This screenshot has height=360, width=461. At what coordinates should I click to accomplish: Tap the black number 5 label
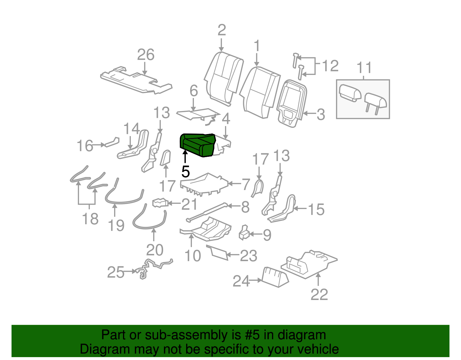pyautogui.click(x=186, y=172)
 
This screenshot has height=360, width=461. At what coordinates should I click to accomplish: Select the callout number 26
pyautogui.click(x=146, y=55)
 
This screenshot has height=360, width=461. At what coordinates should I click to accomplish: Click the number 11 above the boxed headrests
pyautogui.click(x=364, y=68)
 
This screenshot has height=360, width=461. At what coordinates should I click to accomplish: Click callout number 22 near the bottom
pyautogui.click(x=319, y=295)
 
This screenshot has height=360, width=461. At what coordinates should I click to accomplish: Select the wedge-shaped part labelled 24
pyautogui.click(x=275, y=277)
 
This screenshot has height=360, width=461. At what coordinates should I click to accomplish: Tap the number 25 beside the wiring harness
pyautogui.click(x=116, y=272)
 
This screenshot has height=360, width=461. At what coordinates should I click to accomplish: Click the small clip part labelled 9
pyautogui.click(x=244, y=233)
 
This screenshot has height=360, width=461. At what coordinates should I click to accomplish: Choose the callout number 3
pyautogui.click(x=321, y=115)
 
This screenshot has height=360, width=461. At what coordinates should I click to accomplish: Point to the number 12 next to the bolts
pyautogui.click(x=330, y=66)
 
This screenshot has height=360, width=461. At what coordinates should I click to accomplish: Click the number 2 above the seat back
pyautogui.click(x=221, y=30)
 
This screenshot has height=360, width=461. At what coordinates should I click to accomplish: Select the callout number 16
pyautogui.click(x=85, y=146)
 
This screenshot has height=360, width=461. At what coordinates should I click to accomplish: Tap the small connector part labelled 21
pyautogui.click(x=160, y=203)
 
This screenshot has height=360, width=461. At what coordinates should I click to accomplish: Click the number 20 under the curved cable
pyautogui.click(x=155, y=250)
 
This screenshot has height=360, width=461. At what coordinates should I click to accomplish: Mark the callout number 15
pyautogui.click(x=316, y=210)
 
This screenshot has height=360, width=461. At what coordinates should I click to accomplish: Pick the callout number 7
pyautogui.click(x=245, y=184)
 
